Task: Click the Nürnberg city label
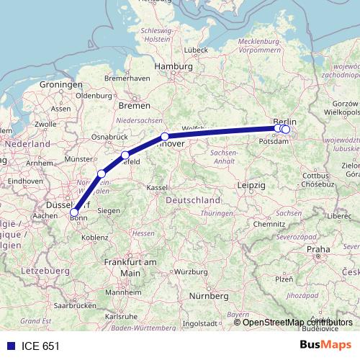pos(209,296)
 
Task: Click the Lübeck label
pos(195,50)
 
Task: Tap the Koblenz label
pos(96,236)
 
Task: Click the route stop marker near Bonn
pos(74,212)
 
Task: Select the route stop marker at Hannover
pos(165,137)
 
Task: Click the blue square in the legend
pos(11,345)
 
